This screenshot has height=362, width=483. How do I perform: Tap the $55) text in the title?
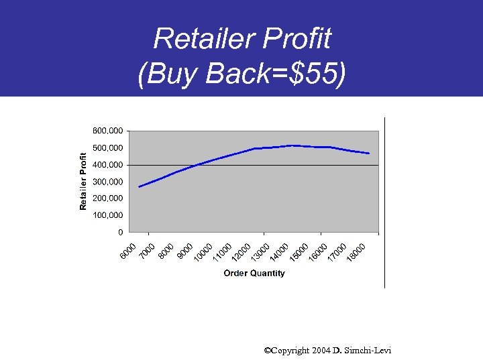pyautogui.click(x=319, y=75)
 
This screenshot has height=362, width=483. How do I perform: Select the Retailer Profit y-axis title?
pyautogui.click(x=84, y=180)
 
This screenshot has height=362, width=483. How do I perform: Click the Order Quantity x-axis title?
pyautogui.click(x=254, y=273)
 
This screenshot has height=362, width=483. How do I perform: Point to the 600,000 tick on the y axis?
pyautogui.click(x=107, y=130)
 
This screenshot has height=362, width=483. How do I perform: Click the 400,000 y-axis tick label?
pyautogui.click(x=107, y=164)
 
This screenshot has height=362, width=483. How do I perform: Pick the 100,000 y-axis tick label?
pyautogui.click(x=107, y=215)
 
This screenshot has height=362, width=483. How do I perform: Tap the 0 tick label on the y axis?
pyautogui.click(x=120, y=233)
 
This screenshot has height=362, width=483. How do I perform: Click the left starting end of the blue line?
pyautogui.click(x=140, y=186)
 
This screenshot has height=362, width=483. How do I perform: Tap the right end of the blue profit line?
pyautogui.click(x=369, y=154)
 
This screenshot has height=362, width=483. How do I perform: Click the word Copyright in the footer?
pyautogui.click(x=288, y=351)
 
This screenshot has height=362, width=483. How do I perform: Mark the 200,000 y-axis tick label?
pyautogui.click(x=107, y=198)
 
